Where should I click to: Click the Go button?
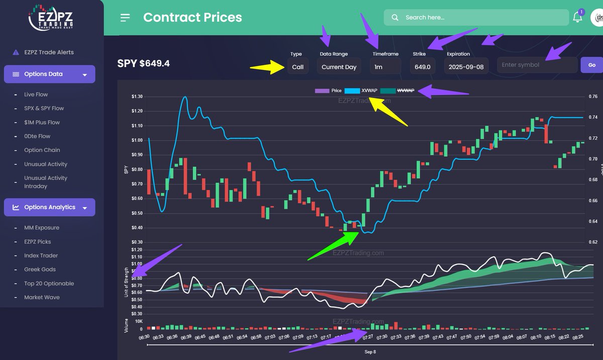tap(591, 65)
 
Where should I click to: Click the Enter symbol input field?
tap(537, 65)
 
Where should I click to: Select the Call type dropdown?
tap(298, 66)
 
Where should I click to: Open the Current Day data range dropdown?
tap(339, 66)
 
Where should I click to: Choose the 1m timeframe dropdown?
tap(385, 66)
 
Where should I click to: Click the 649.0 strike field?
tap(422, 66)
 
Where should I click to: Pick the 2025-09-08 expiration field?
tap(465, 66)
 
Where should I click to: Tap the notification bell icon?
tap(577, 17)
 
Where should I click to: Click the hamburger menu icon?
tap(125, 18)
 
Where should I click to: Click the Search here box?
tap(476, 17)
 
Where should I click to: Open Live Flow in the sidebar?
tap(36, 95)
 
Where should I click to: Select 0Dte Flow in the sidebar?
tap(37, 136)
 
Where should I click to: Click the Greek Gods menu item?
tap(40, 269)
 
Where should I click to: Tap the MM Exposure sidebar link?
tap(41, 228)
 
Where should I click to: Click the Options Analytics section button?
tap(49, 207)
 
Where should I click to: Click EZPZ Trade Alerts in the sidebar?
tap(49, 52)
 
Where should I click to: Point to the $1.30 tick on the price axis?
tap(136, 97)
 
